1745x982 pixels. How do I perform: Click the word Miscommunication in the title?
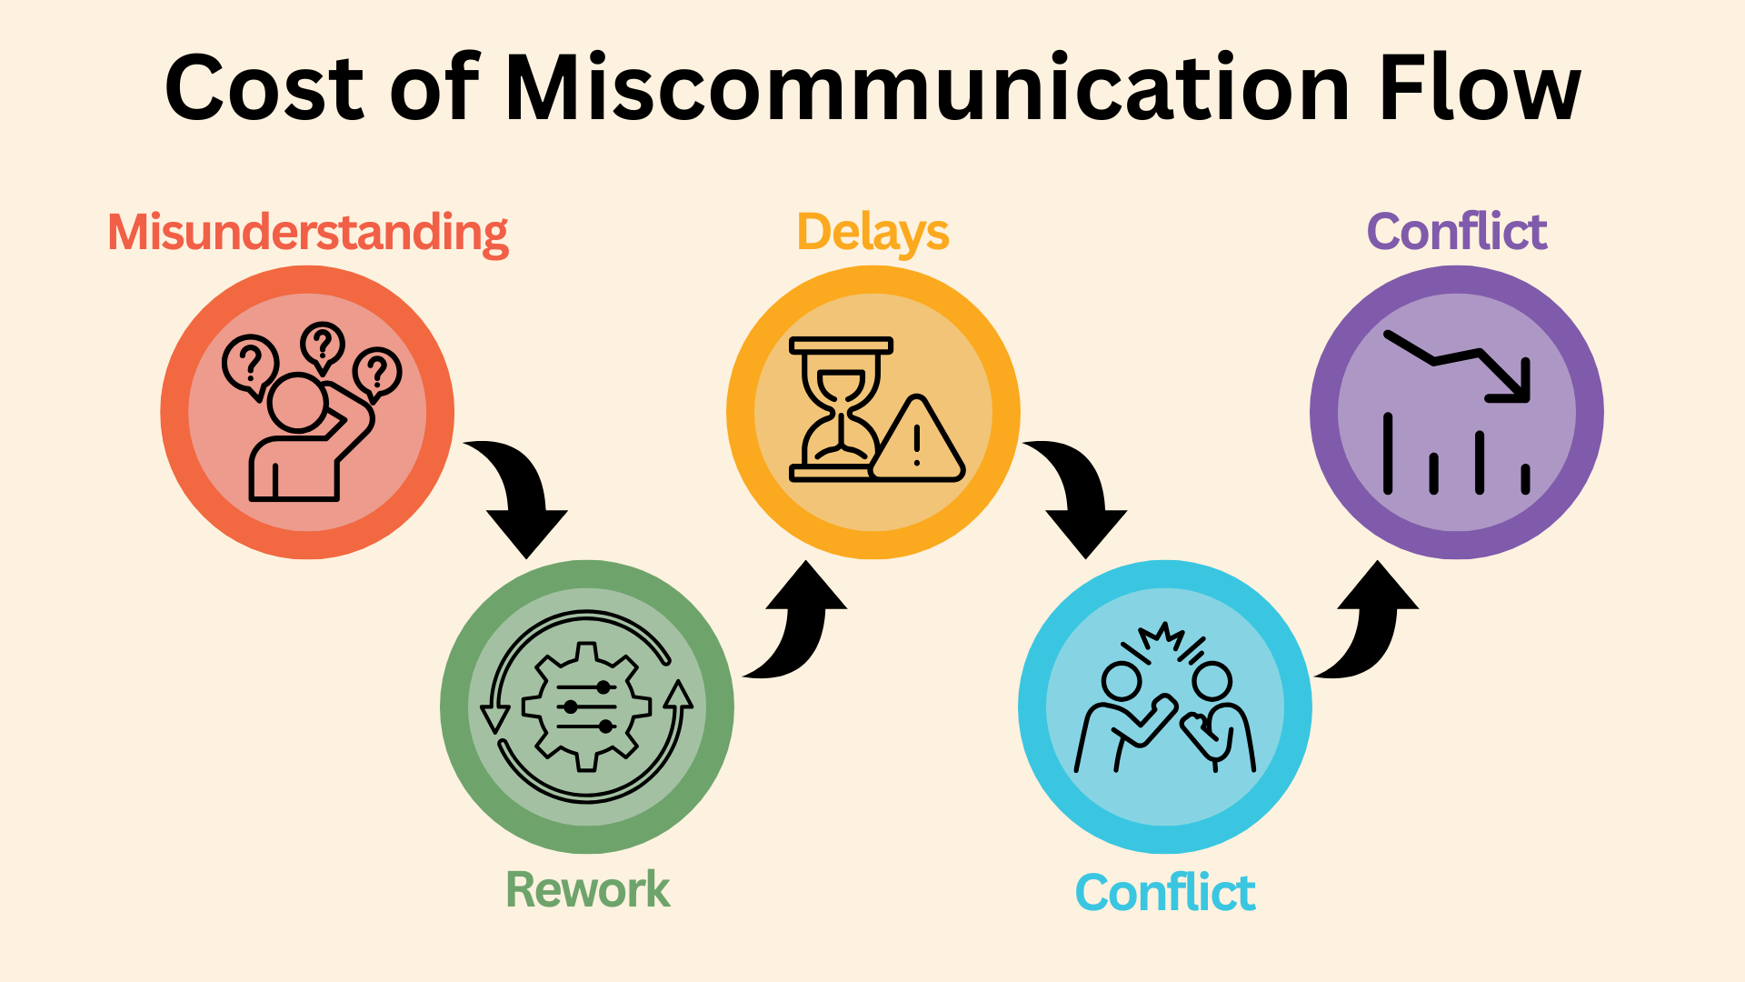[x=927, y=88]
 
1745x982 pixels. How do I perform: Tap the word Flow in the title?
[x=1480, y=88]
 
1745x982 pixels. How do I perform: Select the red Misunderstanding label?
[x=308, y=233]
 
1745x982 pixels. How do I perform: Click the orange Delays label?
[x=872, y=233]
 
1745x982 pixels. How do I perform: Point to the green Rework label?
[x=588, y=889]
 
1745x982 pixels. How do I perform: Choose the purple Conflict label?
[x=1457, y=232]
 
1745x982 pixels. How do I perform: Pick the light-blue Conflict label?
[x=1165, y=893]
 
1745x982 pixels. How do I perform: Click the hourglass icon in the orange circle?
[x=841, y=409]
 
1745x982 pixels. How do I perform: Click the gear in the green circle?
[x=587, y=706]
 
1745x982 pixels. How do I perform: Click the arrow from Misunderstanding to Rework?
[x=523, y=496]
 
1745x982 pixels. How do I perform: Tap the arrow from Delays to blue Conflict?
[x=1082, y=496]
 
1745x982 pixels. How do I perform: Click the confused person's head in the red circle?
[x=297, y=402]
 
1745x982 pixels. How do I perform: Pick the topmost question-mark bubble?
[x=322, y=346]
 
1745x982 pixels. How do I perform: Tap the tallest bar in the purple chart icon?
[x=1388, y=454]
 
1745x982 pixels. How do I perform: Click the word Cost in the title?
[x=264, y=88]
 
